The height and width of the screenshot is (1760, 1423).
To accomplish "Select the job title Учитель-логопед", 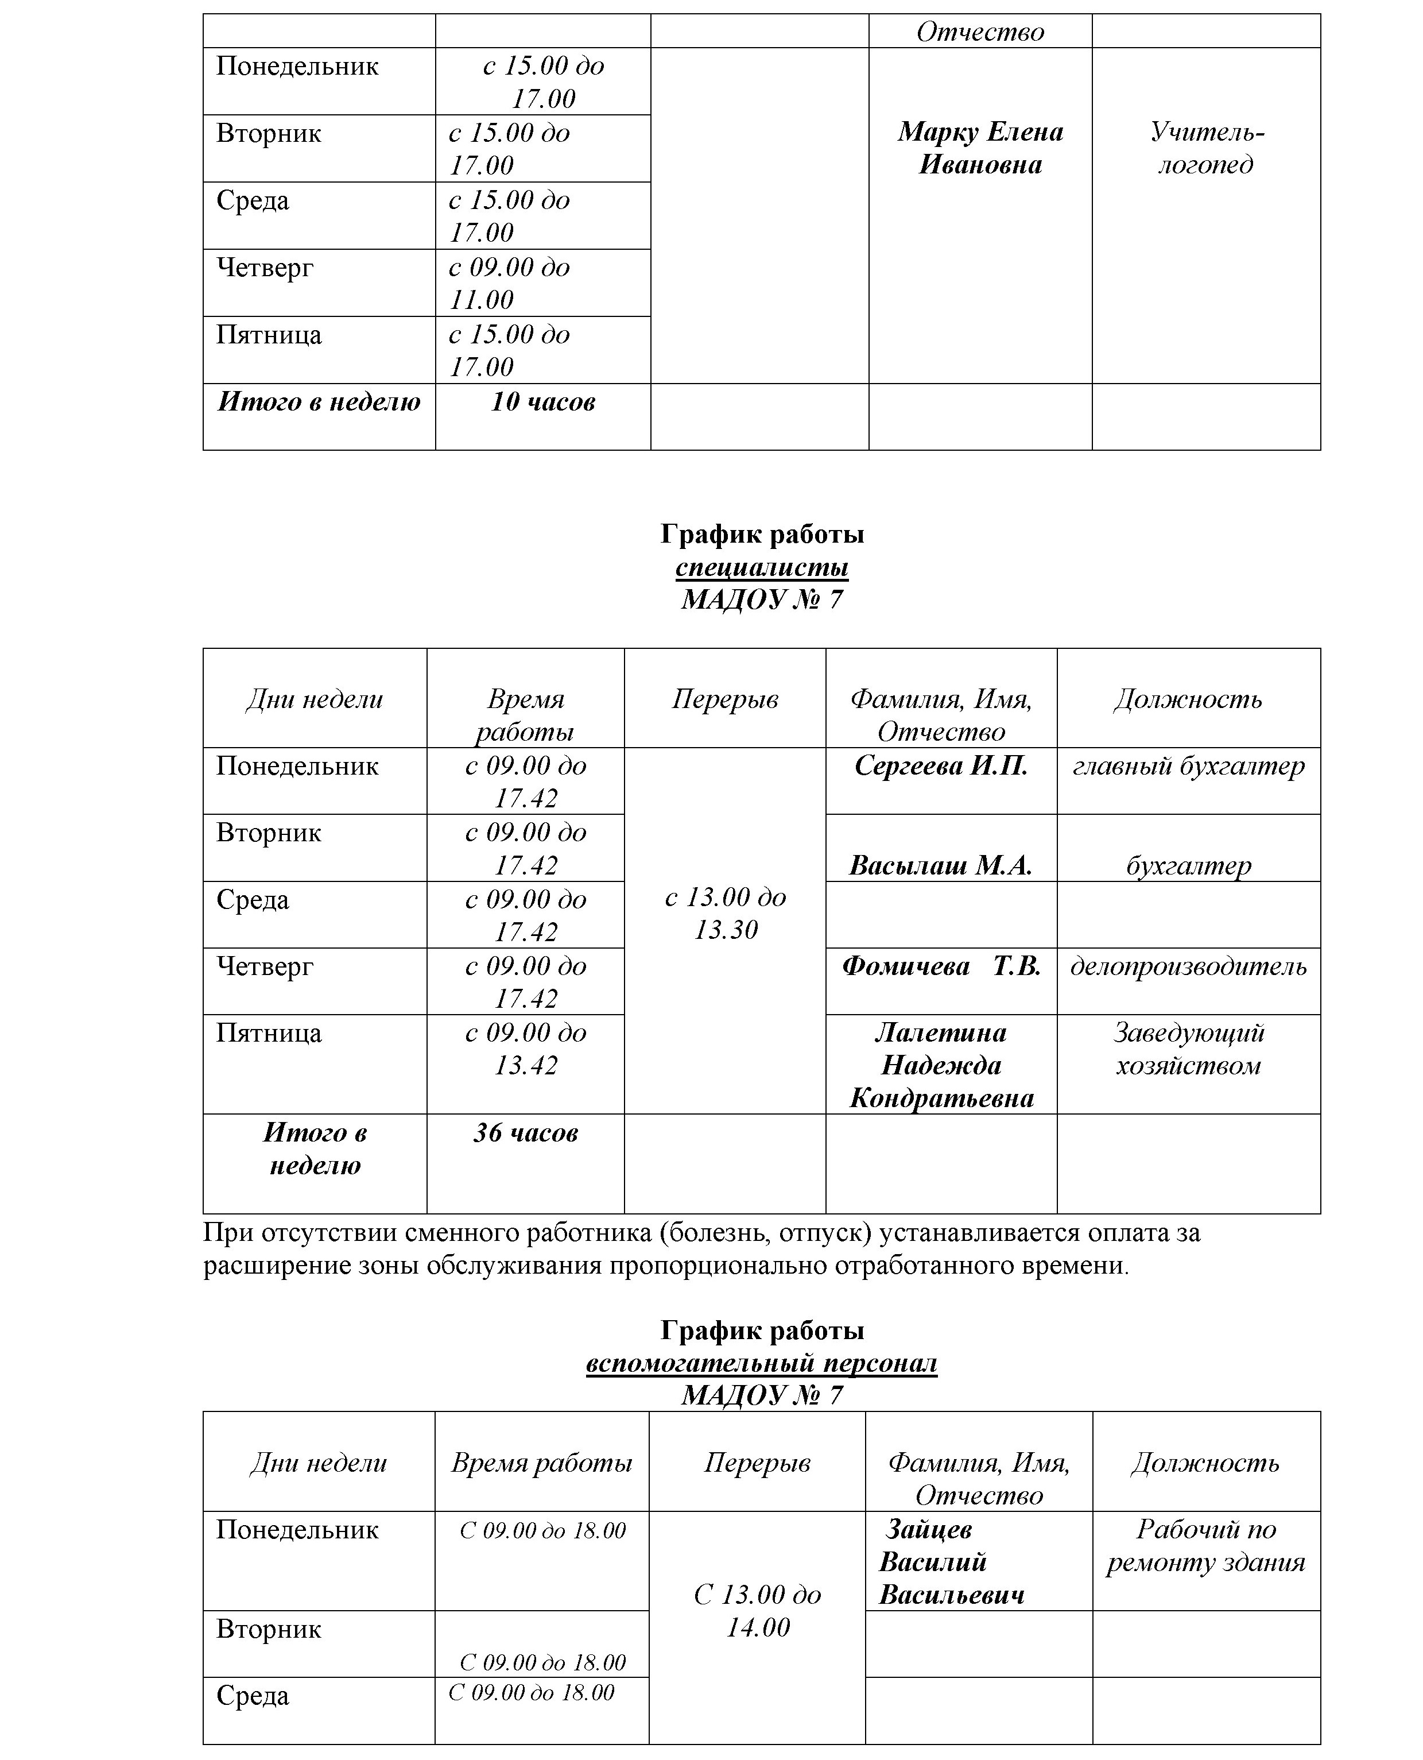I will [1206, 148].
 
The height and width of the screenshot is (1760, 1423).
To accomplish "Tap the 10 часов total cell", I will [542, 402].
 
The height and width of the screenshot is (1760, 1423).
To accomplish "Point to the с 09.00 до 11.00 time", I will [509, 283].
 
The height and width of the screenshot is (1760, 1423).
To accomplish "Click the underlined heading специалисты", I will [762, 567].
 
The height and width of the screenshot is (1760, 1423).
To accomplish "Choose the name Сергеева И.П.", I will [941, 766].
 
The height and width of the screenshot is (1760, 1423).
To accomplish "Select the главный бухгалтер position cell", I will [1189, 766].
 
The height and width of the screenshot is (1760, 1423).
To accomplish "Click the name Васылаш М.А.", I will [941, 865].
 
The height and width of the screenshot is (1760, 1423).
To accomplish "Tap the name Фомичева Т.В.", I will [941, 966].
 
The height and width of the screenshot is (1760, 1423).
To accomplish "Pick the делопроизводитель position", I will [1189, 966].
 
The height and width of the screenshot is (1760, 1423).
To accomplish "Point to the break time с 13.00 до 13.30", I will [726, 913].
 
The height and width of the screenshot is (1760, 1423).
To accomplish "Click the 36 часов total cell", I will [525, 1132].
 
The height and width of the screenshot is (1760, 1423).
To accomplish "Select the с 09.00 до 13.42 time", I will [525, 1049].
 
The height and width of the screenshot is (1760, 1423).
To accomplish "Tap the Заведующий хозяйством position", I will [1189, 1049].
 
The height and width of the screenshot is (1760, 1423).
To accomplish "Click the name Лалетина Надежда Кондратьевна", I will [941, 1065].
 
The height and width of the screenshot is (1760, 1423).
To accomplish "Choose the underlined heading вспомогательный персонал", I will [762, 1363].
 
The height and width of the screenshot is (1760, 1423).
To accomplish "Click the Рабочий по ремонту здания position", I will [1206, 1546].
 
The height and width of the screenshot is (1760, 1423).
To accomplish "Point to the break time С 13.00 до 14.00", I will [757, 1611].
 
